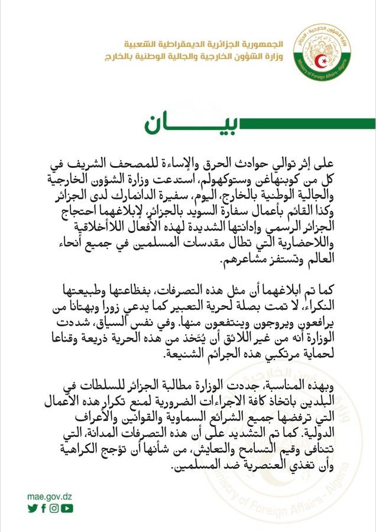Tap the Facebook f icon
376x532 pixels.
43,508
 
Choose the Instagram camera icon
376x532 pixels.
54,508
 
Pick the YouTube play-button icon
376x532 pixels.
67,508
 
